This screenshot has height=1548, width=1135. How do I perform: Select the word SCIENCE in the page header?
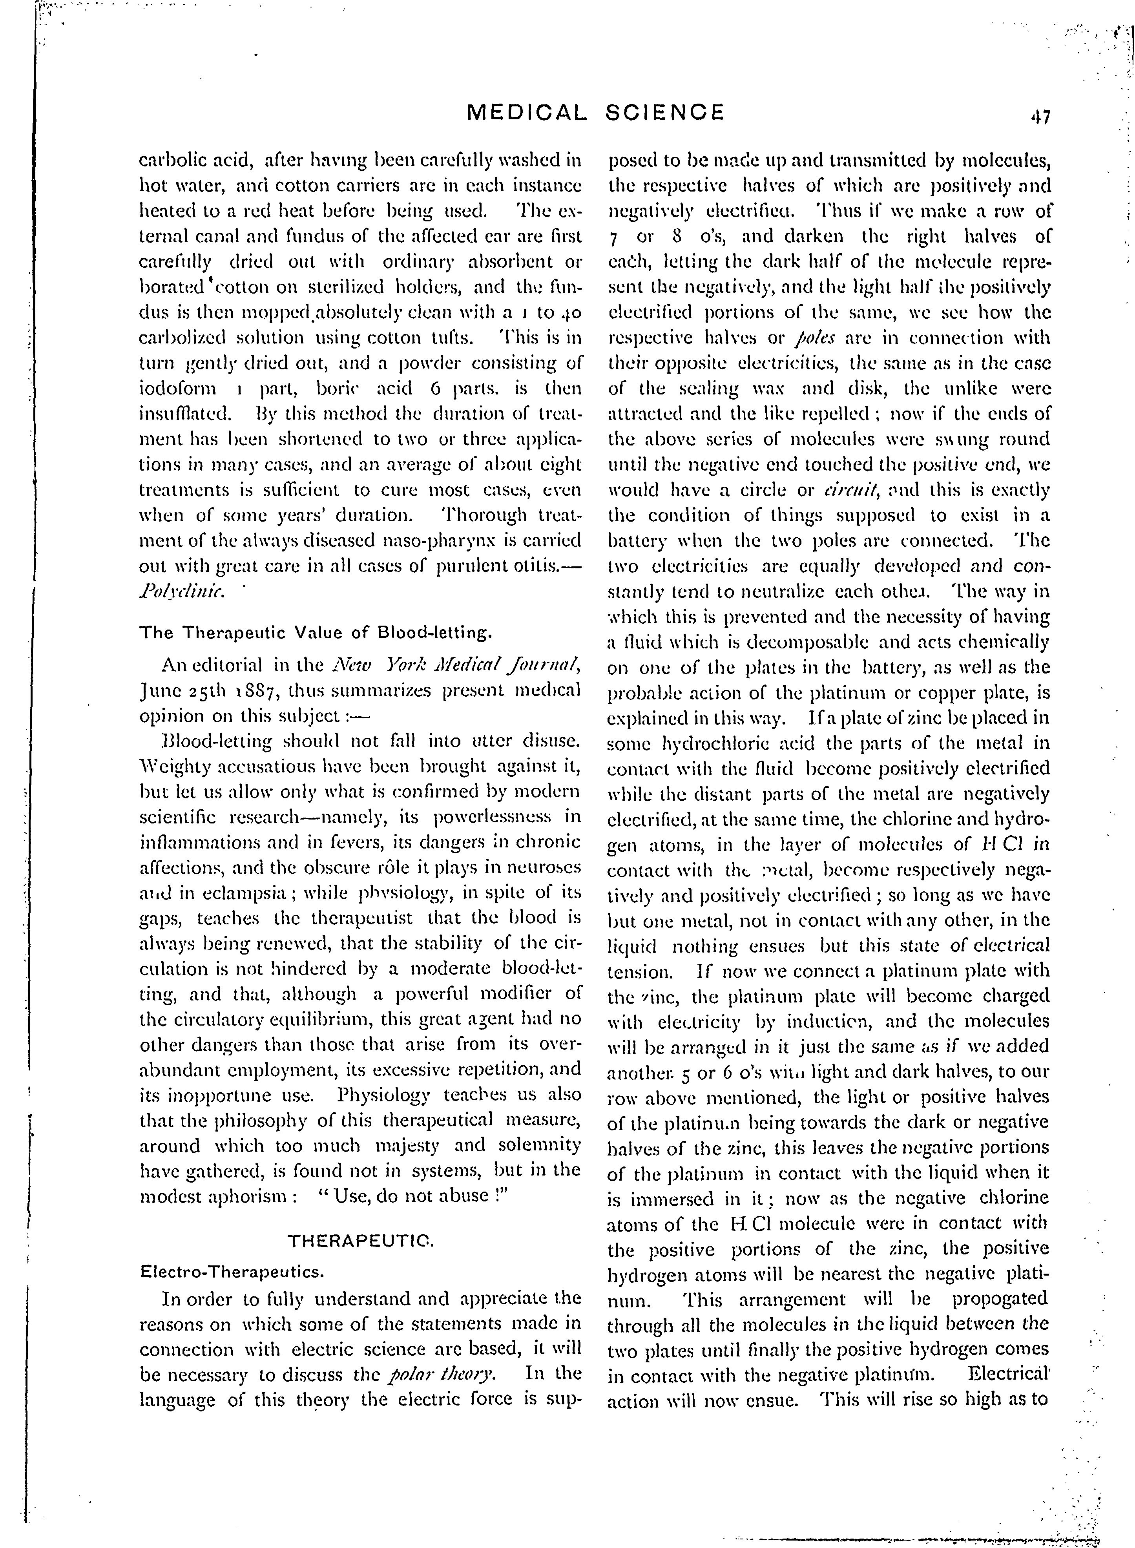tap(665, 112)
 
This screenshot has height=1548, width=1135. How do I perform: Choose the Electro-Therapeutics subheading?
tap(232, 1272)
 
